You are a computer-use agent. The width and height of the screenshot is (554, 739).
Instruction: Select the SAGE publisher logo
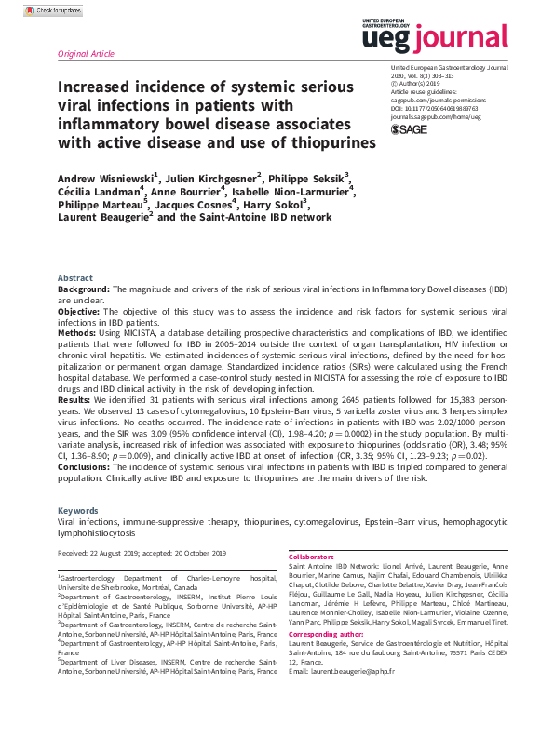[410, 128]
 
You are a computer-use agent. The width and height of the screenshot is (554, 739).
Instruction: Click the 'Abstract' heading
[74, 278]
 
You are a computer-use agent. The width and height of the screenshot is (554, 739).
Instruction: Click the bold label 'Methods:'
[78, 332]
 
